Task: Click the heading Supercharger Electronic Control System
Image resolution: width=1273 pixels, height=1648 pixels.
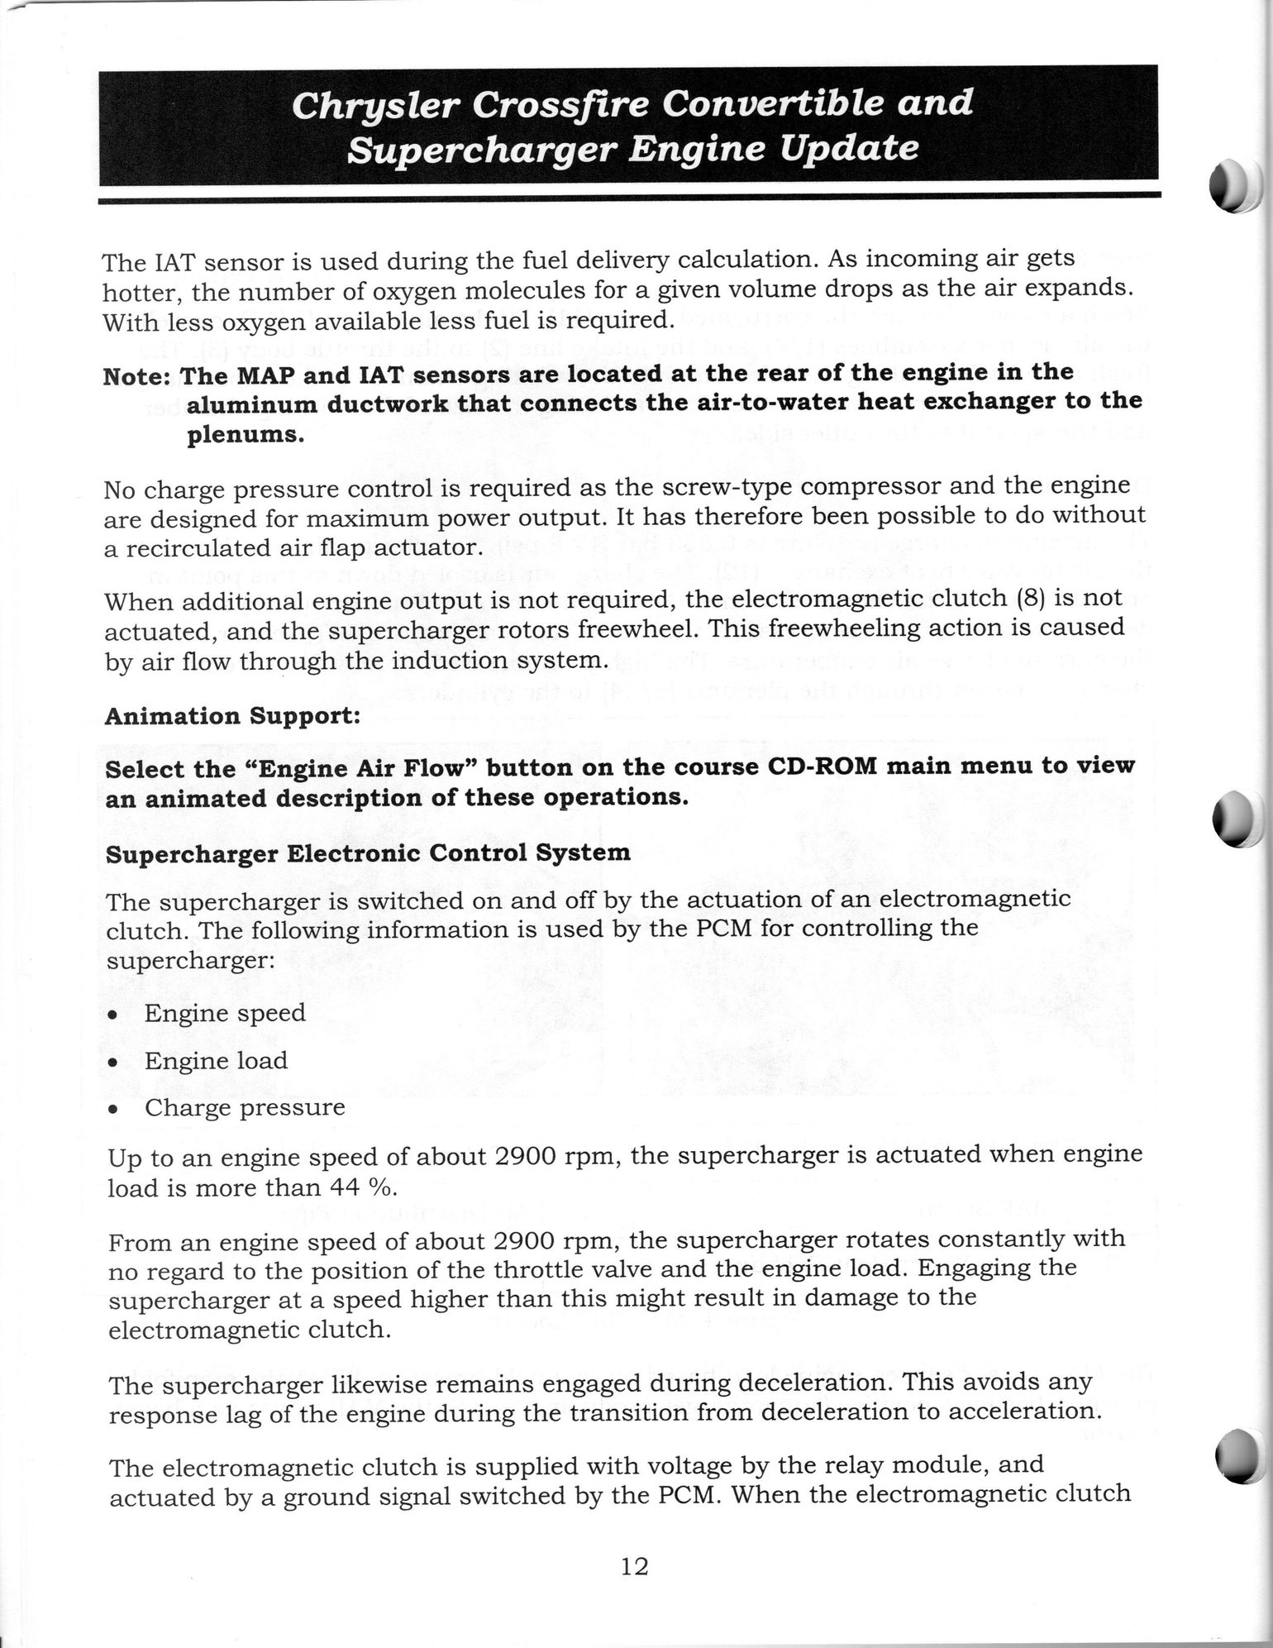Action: coord(368,853)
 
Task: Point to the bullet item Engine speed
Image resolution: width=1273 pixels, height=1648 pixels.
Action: coord(224,1013)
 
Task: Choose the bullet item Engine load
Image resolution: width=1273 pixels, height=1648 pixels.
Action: coord(216,1060)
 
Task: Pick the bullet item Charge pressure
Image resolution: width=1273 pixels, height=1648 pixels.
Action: coord(244,1107)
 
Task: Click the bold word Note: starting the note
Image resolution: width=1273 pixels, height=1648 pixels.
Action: coord(137,376)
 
